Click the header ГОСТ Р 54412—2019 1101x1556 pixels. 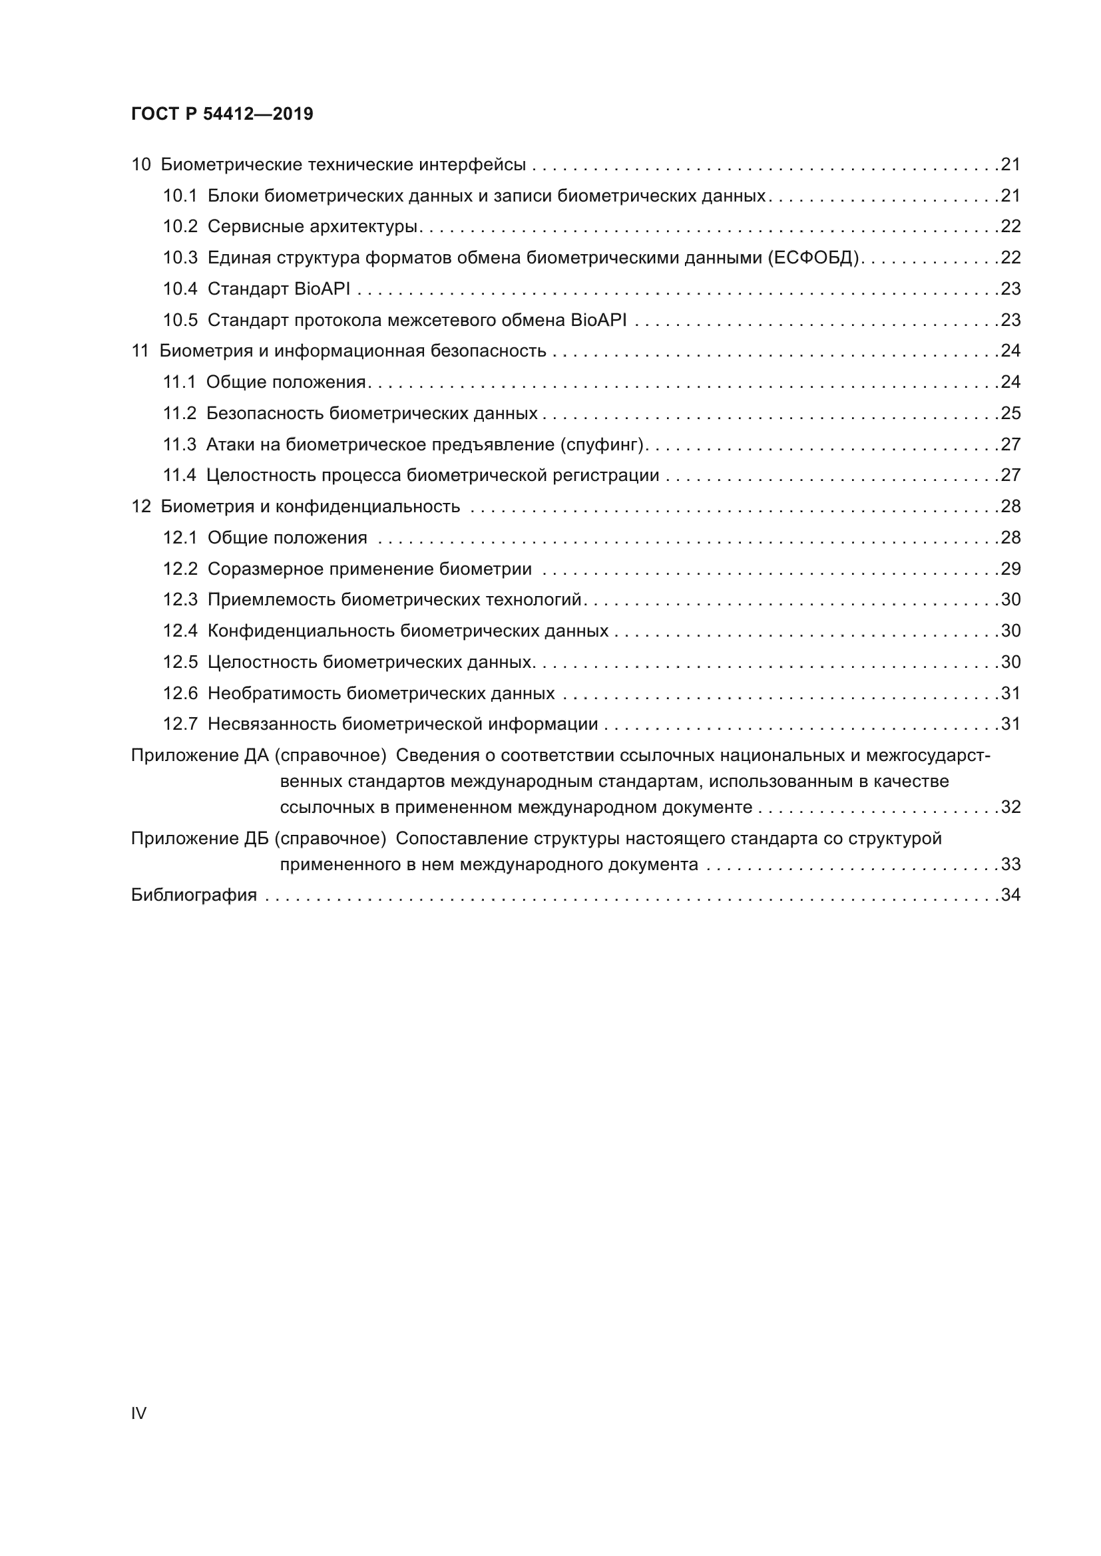tap(222, 114)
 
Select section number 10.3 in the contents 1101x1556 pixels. tap(180, 257)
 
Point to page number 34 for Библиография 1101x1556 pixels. tap(1010, 895)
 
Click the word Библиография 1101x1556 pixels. tap(194, 895)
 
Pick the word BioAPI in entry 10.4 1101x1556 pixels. tap(322, 289)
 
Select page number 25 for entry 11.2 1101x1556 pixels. tap(1010, 413)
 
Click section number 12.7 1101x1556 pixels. tap(180, 724)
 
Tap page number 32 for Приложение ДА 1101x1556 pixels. tap(1010, 807)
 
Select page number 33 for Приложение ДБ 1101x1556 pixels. tap(1010, 864)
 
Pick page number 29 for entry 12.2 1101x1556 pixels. tap(1010, 569)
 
